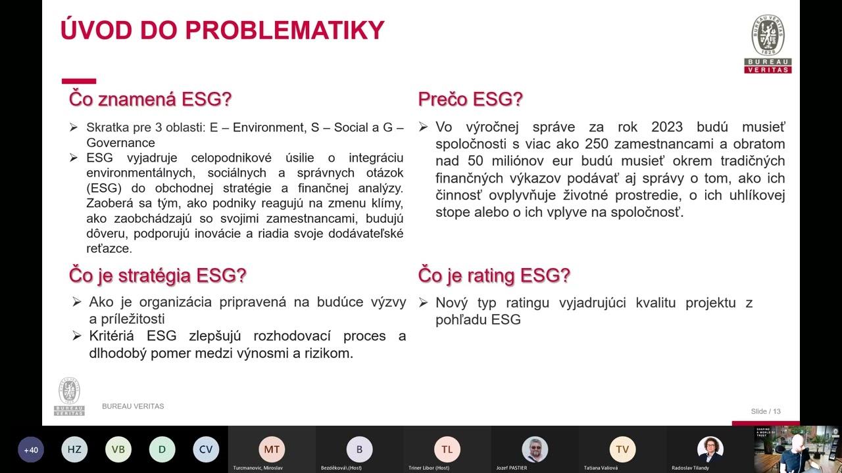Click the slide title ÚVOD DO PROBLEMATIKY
point(222,31)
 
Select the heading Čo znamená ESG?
point(150,99)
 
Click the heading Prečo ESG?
point(470,99)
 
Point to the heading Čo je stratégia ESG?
point(157,275)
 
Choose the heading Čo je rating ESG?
point(494,275)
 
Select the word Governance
point(120,143)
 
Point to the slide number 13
point(776,411)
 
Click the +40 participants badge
point(31,450)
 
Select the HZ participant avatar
point(74,449)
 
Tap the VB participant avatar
point(118,449)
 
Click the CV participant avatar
point(206,449)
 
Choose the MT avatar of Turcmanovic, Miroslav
point(272,449)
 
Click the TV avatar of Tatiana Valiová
point(622,449)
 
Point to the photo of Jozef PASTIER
point(535,449)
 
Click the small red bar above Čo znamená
point(79,81)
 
